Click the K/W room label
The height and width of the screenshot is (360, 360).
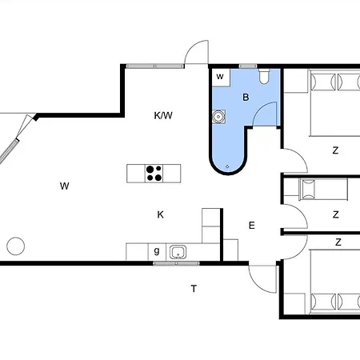tap(163, 115)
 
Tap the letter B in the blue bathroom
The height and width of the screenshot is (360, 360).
tap(246, 97)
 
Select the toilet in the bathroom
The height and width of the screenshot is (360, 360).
tap(264, 77)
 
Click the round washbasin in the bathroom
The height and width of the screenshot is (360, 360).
tap(218, 117)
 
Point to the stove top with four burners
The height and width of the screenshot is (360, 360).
tap(154, 174)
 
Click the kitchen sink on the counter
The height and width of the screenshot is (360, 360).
tap(178, 252)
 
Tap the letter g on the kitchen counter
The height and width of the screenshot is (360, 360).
tap(157, 251)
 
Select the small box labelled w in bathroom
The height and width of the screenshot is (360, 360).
tap(221, 77)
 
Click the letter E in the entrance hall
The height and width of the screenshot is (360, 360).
tap(251, 226)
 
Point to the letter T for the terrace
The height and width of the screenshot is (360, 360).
tap(194, 289)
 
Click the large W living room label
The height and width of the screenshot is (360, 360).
tap(65, 186)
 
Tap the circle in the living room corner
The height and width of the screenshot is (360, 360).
tap(16, 246)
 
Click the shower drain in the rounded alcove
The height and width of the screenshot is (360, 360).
tap(227, 166)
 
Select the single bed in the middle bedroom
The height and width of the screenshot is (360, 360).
tap(323, 190)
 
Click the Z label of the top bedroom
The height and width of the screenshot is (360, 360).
tap(335, 150)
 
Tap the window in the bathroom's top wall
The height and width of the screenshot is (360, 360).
tap(248, 66)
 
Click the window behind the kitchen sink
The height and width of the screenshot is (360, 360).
tap(176, 263)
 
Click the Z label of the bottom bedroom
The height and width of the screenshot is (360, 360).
tap(338, 242)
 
